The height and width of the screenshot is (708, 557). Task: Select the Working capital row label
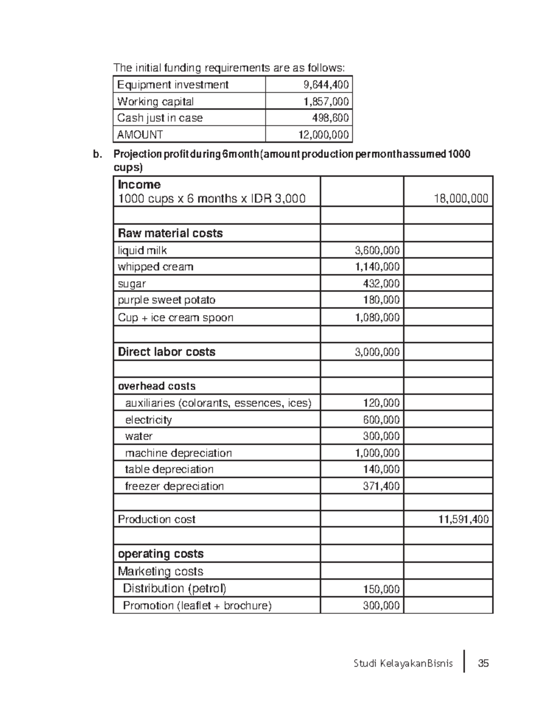(155, 102)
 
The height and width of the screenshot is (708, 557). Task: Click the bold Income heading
(139, 184)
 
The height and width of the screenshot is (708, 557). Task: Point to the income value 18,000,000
(460, 199)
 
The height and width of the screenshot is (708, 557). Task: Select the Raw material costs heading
(170, 233)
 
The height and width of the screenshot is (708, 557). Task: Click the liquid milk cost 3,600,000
(377, 251)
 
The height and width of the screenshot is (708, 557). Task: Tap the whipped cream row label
(155, 267)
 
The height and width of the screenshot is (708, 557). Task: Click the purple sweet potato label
(167, 300)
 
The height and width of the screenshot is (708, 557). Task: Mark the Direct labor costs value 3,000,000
(377, 352)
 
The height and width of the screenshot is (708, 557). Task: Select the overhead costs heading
(156, 386)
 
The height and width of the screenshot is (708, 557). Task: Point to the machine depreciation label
(178, 453)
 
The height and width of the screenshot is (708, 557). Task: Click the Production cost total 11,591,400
(463, 520)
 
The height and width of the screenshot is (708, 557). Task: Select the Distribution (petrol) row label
(175, 589)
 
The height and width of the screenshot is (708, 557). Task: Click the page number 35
(483, 663)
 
